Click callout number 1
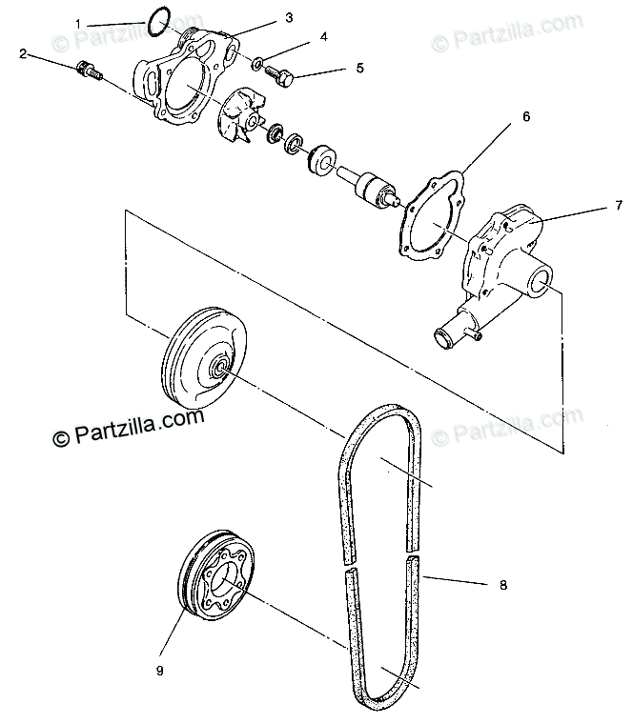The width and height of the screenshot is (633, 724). pos(106,21)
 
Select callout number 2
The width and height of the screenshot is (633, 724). pos(22,53)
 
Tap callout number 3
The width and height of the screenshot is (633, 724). pos(290,17)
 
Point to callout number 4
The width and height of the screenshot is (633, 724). pos(324,37)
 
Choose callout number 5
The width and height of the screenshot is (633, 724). pos(360,69)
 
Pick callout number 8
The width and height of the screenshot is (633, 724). pos(502,587)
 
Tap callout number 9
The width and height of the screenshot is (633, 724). pos(159,670)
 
